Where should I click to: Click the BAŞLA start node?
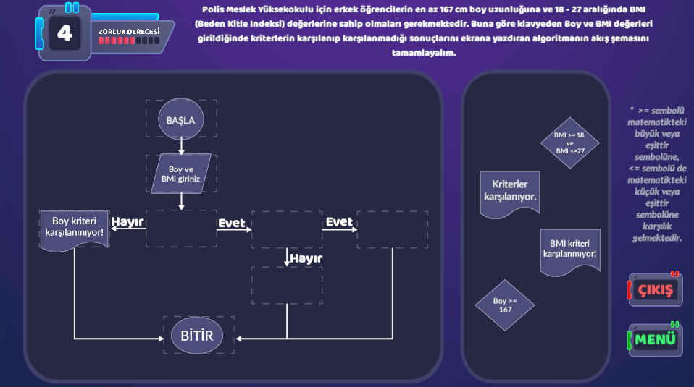tap(181, 119)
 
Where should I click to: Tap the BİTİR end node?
tap(197, 335)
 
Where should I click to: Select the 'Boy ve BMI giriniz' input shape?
tap(181, 174)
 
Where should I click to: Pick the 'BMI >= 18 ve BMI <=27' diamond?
tap(569, 143)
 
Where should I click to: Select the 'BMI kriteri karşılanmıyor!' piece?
tap(569, 250)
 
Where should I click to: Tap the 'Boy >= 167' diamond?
tap(505, 305)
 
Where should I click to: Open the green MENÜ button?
tap(656, 339)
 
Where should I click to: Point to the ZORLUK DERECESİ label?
tap(129, 32)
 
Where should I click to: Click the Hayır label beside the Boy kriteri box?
tap(127, 221)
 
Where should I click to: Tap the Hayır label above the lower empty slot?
tap(305, 258)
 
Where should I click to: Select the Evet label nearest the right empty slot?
tap(339, 221)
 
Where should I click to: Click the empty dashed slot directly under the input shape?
tap(181, 229)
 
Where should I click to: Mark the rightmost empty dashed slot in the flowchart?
tap(392, 229)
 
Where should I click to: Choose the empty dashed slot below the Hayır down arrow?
tap(287, 285)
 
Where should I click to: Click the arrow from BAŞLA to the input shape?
tap(181, 145)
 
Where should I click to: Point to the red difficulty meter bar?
tap(129, 41)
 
